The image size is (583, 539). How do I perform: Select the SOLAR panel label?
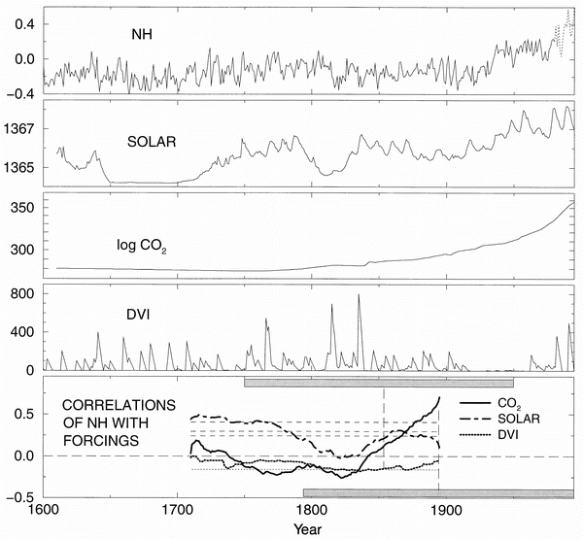152,142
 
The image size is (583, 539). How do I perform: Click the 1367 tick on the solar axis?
20,128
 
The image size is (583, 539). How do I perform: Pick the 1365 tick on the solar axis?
20,167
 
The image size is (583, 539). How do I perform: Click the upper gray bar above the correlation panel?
379,384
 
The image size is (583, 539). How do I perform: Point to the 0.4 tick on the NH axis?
24,22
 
